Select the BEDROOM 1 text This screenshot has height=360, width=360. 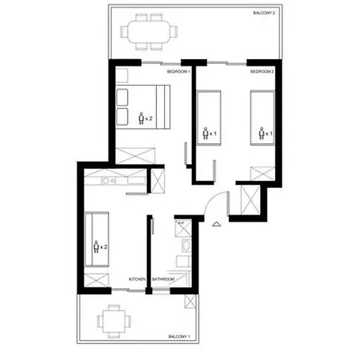178,72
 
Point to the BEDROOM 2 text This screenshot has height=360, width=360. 262,72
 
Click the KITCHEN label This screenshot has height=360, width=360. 137,278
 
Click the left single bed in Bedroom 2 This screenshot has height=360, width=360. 210,118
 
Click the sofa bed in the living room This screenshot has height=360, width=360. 97,241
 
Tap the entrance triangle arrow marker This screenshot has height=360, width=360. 216,225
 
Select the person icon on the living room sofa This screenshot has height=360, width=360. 96,246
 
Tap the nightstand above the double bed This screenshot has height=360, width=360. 126,78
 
